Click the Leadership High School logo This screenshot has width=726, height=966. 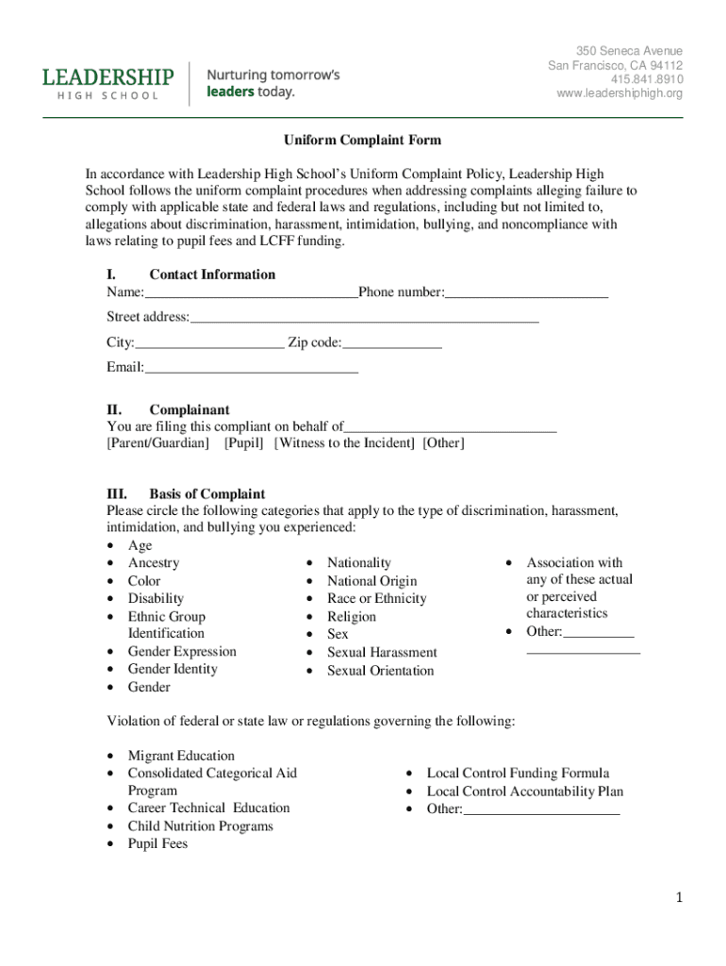[108, 83]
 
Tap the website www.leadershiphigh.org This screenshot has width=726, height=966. [619, 93]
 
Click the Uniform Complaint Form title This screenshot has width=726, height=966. [363, 141]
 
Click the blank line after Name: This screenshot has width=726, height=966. [251, 293]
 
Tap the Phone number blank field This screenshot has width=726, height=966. [526, 293]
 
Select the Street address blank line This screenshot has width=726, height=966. [364, 318]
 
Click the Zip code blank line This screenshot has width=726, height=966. [392, 343]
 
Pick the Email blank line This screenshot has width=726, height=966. [251, 368]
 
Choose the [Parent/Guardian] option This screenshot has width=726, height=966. [158, 443]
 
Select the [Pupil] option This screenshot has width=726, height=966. [244, 443]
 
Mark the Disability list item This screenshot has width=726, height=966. [156, 598]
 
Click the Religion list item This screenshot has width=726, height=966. [352, 617]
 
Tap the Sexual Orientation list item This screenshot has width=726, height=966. [380, 671]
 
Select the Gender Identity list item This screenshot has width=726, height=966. [173, 669]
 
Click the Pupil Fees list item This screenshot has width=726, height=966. [157, 843]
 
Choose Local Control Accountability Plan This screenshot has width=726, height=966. [525, 791]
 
